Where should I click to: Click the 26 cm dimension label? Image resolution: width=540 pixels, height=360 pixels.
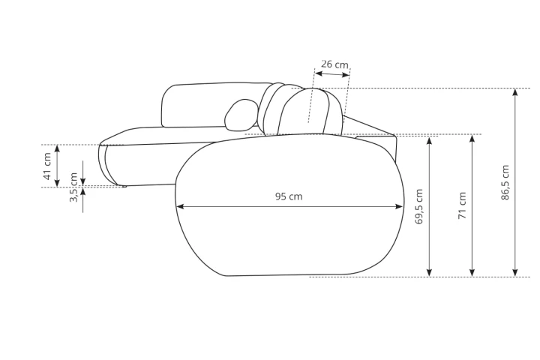pyautogui.click(x=334, y=64)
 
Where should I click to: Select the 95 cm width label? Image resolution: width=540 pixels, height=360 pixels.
pyautogui.click(x=289, y=196)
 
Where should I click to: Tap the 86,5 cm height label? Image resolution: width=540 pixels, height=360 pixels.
pyautogui.click(x=505, y=182)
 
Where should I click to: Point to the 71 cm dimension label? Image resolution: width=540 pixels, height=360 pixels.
pyautogui.click(x=462, y=205)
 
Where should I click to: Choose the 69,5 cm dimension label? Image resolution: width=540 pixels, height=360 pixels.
pyautogui.click(x=418, y=206)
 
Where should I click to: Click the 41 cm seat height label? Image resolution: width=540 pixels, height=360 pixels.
pyautogui.click(x=47, y=166)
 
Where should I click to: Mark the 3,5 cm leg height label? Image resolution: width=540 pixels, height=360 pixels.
pyautogui.click(x=73, y=187)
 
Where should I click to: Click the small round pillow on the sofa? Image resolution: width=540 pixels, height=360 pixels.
pyautogui.click(x=241, y=115)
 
